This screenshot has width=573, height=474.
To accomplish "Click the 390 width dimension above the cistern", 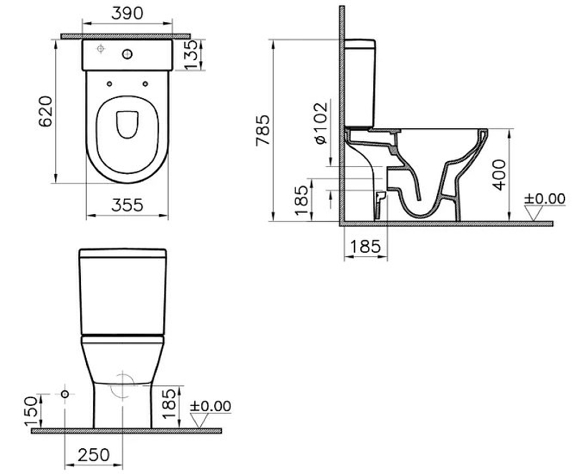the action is coord(127,14).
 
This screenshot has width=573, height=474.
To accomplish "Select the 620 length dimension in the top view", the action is coord(46,112).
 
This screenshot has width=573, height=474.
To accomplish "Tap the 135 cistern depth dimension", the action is coord(191,54).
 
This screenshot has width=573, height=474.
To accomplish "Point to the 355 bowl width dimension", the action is coord(127,205).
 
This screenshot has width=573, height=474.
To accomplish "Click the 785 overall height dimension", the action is coord(263,130).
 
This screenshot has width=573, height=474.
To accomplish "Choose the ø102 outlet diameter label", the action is coord(320,123).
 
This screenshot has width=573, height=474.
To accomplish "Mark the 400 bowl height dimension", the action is coord(499,175).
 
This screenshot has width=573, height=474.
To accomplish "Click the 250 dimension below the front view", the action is coord(94,455).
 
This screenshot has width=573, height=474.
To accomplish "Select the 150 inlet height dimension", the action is coord(31,411).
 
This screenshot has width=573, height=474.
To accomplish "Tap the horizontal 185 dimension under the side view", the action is coord(365,246).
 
